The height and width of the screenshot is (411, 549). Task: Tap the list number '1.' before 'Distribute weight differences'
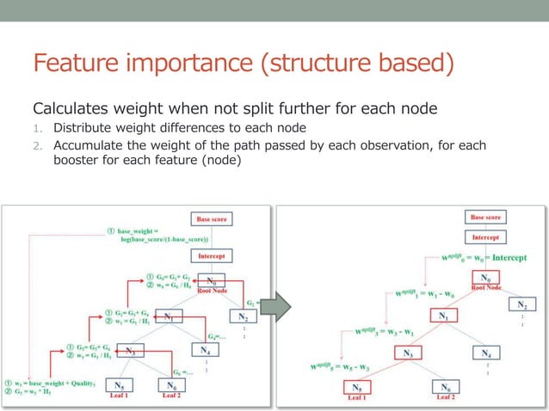coord(39,129)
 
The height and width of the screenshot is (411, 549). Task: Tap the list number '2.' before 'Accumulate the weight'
coord(39,145)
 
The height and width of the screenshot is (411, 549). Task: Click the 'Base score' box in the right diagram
coord(485,218)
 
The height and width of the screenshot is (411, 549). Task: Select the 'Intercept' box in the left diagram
coord(212,256)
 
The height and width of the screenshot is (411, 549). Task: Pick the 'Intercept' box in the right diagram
coord(485,236)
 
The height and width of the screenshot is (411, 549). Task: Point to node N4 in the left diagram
coord(204,350)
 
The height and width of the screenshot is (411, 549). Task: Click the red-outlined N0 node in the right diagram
coord(484,279)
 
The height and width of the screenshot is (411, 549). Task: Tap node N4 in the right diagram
coord(485,353)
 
